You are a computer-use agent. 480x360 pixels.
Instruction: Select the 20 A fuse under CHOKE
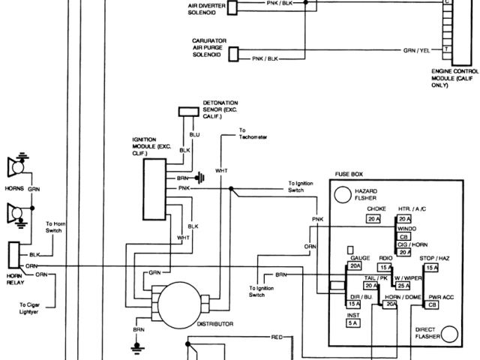coord(374,219)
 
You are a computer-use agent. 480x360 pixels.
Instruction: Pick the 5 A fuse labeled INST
coord(354,323)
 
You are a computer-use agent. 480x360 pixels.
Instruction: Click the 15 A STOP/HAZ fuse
coord(431,268)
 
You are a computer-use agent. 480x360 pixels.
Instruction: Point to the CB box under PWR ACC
coord(432,305)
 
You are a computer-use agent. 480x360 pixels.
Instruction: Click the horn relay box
coord(13,256)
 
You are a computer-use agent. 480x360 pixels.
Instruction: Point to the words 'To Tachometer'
coord(253,136)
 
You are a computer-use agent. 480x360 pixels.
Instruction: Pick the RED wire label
coord(277,338)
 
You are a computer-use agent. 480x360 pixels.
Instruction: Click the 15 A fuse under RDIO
coord(385,268)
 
